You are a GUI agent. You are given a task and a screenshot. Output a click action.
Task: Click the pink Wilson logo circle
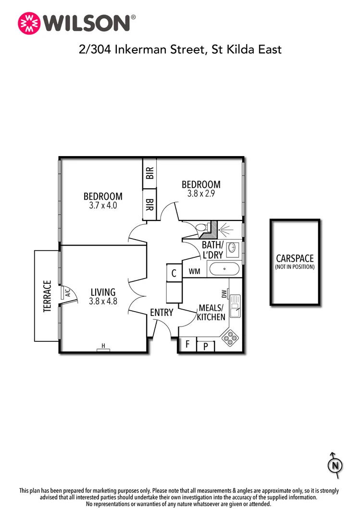pos(28,23)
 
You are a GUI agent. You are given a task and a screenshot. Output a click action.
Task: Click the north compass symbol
pos(335,465)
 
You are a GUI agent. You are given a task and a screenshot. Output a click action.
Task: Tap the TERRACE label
pos(48,296)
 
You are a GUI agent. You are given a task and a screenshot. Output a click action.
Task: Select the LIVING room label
pos(103,292)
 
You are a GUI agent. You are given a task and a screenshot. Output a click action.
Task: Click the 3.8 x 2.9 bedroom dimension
pos(201,194)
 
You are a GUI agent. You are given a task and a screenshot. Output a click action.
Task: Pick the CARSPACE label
pos(295,259)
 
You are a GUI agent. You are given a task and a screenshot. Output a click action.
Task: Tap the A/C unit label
pos(67,292)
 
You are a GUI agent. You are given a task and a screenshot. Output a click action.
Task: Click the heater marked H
pos(103,346)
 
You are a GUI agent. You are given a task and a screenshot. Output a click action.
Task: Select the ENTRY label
pos(161,313)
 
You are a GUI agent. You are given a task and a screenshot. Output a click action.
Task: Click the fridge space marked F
pos(187,344)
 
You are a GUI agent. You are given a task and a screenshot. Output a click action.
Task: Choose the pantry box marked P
pos(205,346)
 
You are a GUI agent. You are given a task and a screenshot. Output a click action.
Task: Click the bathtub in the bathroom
pos(224,269)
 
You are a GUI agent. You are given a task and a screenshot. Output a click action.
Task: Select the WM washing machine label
pos(195,271)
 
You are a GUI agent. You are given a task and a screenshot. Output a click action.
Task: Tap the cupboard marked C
pos(174,273)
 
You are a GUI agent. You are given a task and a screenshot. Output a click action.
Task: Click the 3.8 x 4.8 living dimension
pos(103,302)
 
